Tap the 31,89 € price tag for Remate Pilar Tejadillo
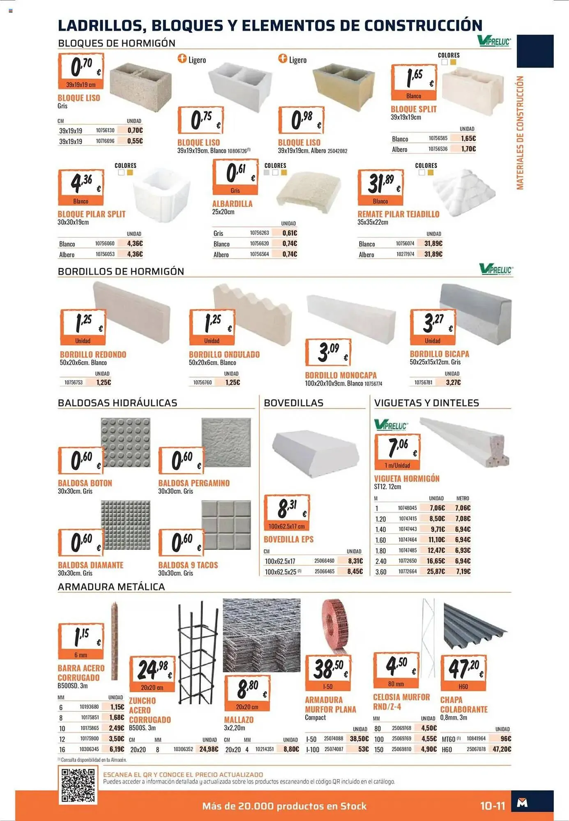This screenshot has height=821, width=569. coord(380,187)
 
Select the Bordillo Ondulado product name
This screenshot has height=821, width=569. coord(224,354)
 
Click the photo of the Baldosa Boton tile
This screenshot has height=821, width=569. coord(125,443)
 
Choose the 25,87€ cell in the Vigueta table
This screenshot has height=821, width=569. coord(436,571)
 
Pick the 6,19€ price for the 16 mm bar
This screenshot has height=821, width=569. coord(117,749)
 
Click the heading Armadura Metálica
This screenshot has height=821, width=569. coord(111,587)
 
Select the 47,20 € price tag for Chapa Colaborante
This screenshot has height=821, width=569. coord(463,672)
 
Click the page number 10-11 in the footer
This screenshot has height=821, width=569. coord(493,806)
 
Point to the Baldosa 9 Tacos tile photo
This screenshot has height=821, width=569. coord(226,525)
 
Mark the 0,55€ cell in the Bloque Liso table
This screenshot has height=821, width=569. coord(135,141)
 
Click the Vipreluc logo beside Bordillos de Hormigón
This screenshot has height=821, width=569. coord(496,269)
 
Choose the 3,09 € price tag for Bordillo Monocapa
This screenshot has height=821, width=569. coord(328,352)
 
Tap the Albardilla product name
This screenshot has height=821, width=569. coord(232,204)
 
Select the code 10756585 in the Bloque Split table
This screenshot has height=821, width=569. coord(438,138)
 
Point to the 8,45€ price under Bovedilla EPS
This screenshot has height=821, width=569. coord(355,571)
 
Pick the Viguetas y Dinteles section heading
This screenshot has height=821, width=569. coord(426,403)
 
